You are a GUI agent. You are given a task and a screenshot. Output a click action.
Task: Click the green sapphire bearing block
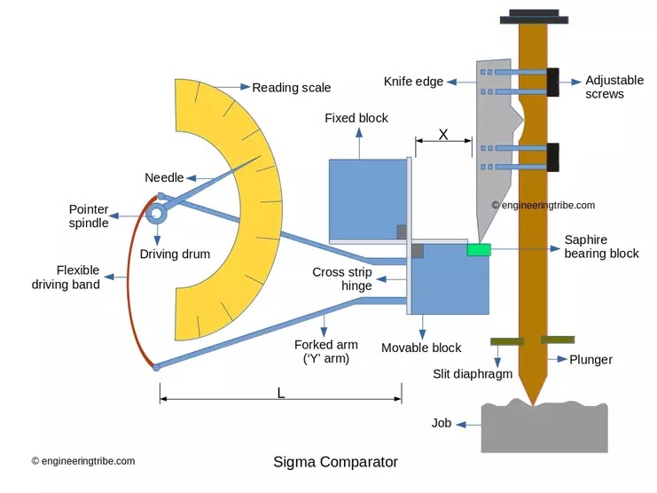(479, 250)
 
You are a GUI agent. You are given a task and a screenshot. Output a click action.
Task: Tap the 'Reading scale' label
(291, 87)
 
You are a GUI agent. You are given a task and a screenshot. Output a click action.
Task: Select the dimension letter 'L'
(281, 393)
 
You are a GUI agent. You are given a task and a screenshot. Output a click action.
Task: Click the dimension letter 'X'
(443, 135)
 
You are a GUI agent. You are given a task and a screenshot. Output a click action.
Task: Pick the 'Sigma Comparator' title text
(335, 462)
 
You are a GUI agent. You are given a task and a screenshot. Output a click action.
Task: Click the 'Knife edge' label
(412, 82)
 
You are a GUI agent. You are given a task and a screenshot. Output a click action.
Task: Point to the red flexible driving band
(129, 284)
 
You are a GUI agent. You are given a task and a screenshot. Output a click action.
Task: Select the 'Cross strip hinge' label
(341, 279)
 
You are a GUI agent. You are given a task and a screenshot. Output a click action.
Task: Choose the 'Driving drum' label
(176, 254)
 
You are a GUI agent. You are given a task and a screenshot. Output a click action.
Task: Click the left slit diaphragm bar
(505, 340)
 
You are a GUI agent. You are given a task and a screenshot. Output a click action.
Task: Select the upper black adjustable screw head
(552, 81)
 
